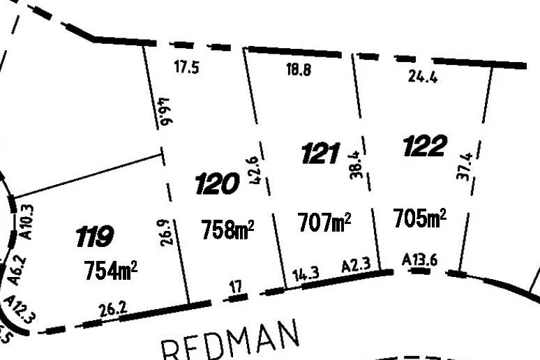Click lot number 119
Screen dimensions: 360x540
click(x=94, y=237)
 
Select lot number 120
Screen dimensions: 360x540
click(x=217, y=185)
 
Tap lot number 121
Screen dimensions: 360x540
click(x=320, y=153)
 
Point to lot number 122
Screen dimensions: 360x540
click(x=424, y=147)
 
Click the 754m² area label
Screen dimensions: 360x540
click(x=110, y=269)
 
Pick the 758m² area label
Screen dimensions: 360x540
click(x=227, y=229)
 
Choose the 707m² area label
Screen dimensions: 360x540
click(x=324, y=223)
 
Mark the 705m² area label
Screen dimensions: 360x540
click(x=419, y=218)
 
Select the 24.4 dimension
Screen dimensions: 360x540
click(x=423, y=77)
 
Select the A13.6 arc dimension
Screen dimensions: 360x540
click(x=420, y=260)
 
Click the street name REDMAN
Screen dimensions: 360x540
click(x=230, y=343)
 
